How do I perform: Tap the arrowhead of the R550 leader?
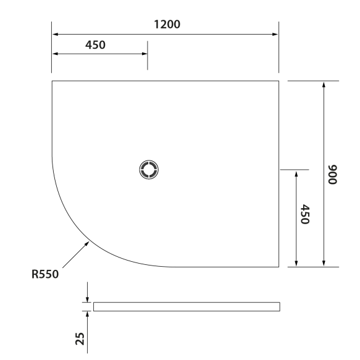tap(89, 242)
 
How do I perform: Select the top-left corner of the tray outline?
tap(52, 80)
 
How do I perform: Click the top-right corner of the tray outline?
tap(279, 80)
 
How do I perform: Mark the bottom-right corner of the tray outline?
tap(279, 267)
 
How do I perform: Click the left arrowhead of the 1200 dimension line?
tap(54, 34)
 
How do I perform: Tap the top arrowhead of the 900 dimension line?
tap(324, 83)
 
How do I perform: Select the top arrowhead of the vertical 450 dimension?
tap(297, 172)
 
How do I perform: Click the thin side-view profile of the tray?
tap(186, 306)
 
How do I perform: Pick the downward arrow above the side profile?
tap(88, 299)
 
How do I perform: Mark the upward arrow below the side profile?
tap(88, 313)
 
